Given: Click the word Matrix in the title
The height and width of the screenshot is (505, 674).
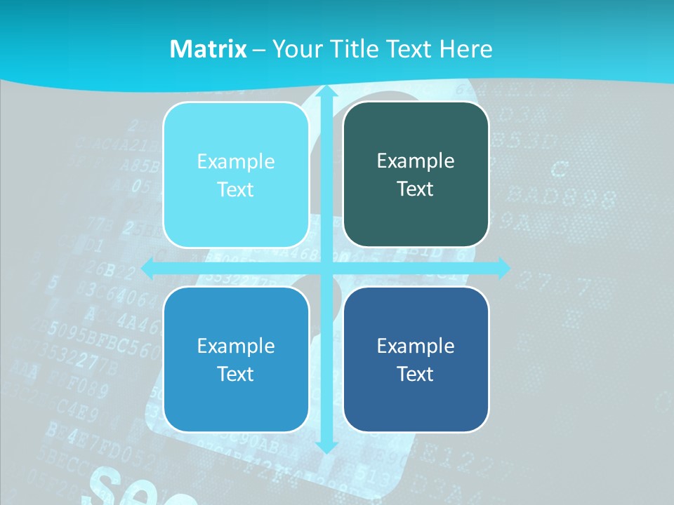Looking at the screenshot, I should [x=209, y=49].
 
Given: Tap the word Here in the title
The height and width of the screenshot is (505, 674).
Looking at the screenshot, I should [x=465, y=49].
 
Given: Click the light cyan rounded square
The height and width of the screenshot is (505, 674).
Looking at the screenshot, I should [x=236, y=175].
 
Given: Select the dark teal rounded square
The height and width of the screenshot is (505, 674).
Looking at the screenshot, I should [x=416, y=175].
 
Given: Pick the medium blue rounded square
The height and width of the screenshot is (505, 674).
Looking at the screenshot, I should [x=236, y=359].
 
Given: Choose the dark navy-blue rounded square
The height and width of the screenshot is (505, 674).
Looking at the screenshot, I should [x=416, y=359].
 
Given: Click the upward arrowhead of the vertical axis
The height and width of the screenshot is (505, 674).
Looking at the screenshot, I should [x=326, y=93].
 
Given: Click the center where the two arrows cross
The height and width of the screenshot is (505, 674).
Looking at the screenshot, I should [x=326, y=267].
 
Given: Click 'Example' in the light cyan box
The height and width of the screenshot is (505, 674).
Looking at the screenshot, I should [x=236, y=161].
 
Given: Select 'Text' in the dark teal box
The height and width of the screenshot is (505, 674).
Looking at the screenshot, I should [x=416, y=189].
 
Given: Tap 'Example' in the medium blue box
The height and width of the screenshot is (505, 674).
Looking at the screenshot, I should [x=236, y=346].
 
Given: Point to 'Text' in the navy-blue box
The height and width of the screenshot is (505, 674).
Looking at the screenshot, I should [x=416, y=374].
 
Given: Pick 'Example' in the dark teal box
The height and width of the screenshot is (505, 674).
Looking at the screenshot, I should [x=416, y=161].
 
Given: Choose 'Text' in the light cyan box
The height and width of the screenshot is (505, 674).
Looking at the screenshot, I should [x=236, y=190].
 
